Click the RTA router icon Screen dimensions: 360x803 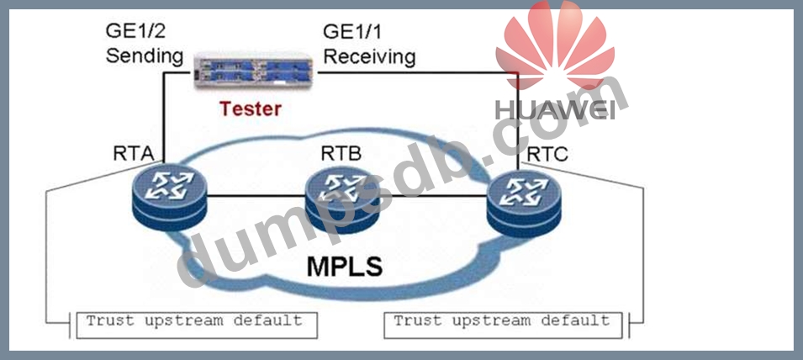tap(167, 198)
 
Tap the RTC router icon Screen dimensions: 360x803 tap(522, 200)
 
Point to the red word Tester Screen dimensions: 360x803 tap(251, 109)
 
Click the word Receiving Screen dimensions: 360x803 tap(369, 56)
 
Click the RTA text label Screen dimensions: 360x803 tap(133, 154)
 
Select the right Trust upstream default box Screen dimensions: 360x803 tap(502, 322)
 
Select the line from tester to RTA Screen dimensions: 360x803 tap(163, 118)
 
